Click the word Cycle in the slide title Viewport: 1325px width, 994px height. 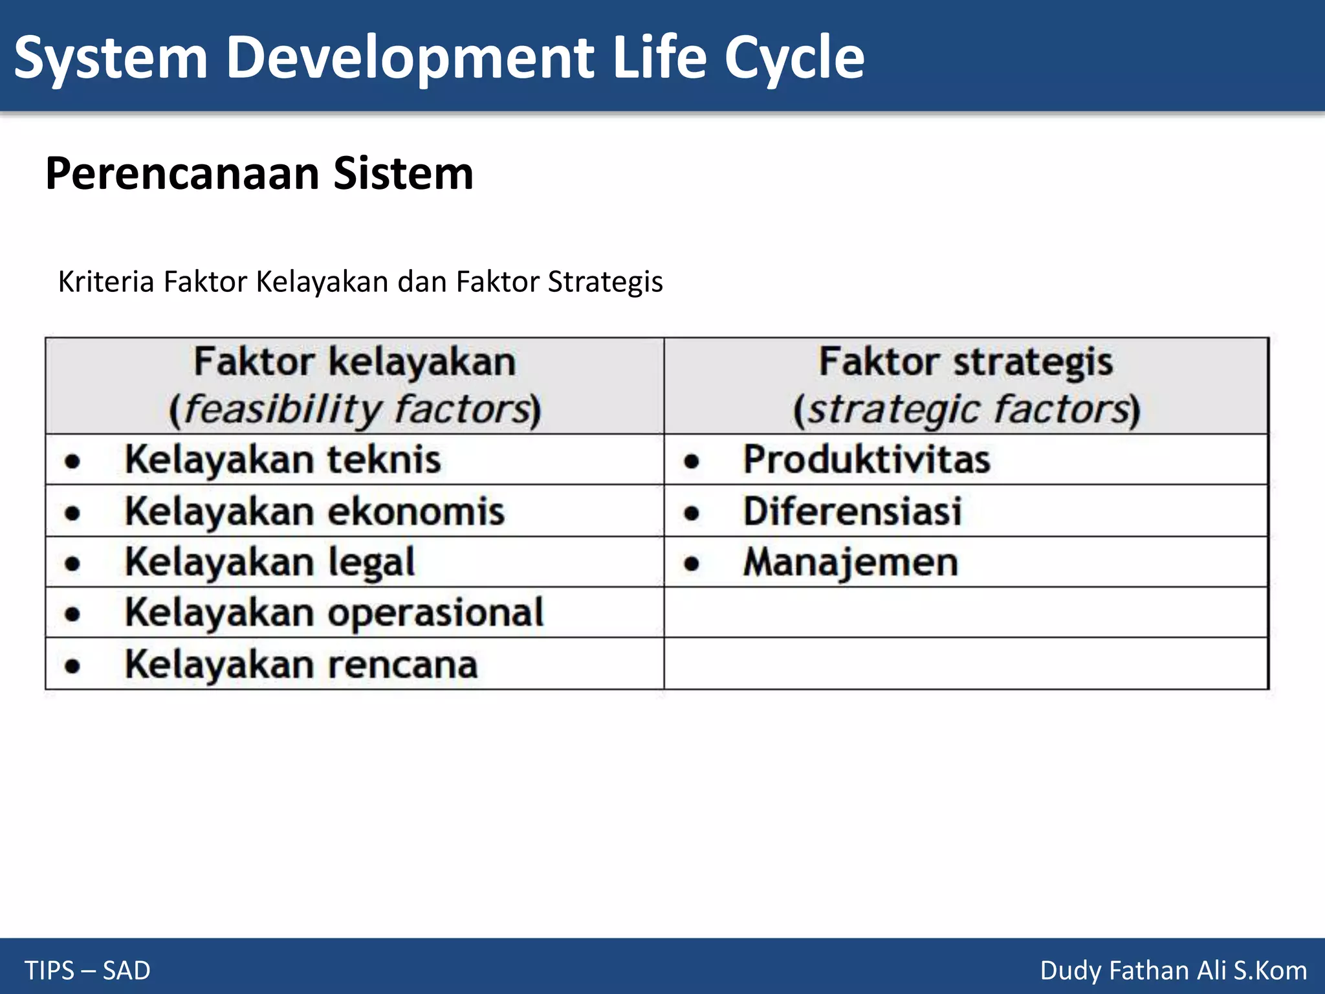coord(794,58)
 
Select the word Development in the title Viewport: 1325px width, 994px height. coord(410,58)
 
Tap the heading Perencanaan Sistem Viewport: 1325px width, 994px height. coord(259,173)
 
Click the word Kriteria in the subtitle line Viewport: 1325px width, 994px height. coord(106,282)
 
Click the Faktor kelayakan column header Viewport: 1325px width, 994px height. coord(355,361)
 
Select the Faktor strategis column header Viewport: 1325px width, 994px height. coord(966,361)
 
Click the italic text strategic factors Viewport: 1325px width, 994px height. coord(967,410)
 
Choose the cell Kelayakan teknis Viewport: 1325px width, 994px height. coord(283,459)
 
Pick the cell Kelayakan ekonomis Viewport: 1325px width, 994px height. coord(314,511)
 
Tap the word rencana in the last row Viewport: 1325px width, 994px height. coord(403,665)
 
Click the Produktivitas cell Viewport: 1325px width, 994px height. coord(866,459)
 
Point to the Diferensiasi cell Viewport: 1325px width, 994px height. coord(852,511)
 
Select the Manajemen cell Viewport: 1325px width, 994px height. coord(850,562)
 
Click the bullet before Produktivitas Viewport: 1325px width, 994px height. coord(692,461)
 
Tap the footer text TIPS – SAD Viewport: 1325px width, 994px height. coord(87,971)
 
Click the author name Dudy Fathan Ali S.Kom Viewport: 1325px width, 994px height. coord(1173,971)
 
